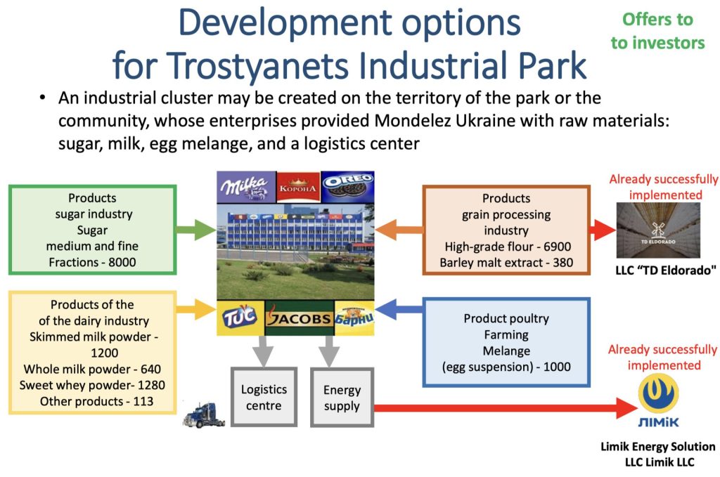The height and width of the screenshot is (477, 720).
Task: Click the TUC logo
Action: pos(240,318)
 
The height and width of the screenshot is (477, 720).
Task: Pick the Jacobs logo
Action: pos(300,318)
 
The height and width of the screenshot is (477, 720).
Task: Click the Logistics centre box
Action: pos(264,397)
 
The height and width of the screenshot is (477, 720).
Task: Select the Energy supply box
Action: pos(342,398)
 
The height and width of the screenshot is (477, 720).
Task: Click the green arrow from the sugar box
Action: pos(196,229)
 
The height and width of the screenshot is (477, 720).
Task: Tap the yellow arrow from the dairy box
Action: pos(196,308)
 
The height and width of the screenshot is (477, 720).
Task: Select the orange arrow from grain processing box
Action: pos(399,229)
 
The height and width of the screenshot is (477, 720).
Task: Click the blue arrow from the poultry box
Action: pos(399,309)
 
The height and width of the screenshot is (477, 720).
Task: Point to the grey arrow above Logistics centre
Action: pos(263,351)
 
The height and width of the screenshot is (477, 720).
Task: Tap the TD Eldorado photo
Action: pos(658,230)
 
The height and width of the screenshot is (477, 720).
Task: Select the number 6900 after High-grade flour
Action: pos(558,247)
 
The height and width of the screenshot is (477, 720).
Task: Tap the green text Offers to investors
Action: pos(657,31)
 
